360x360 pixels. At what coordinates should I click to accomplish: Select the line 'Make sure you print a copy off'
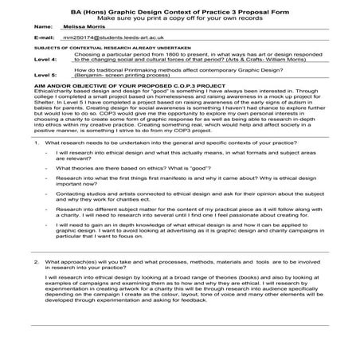179,14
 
